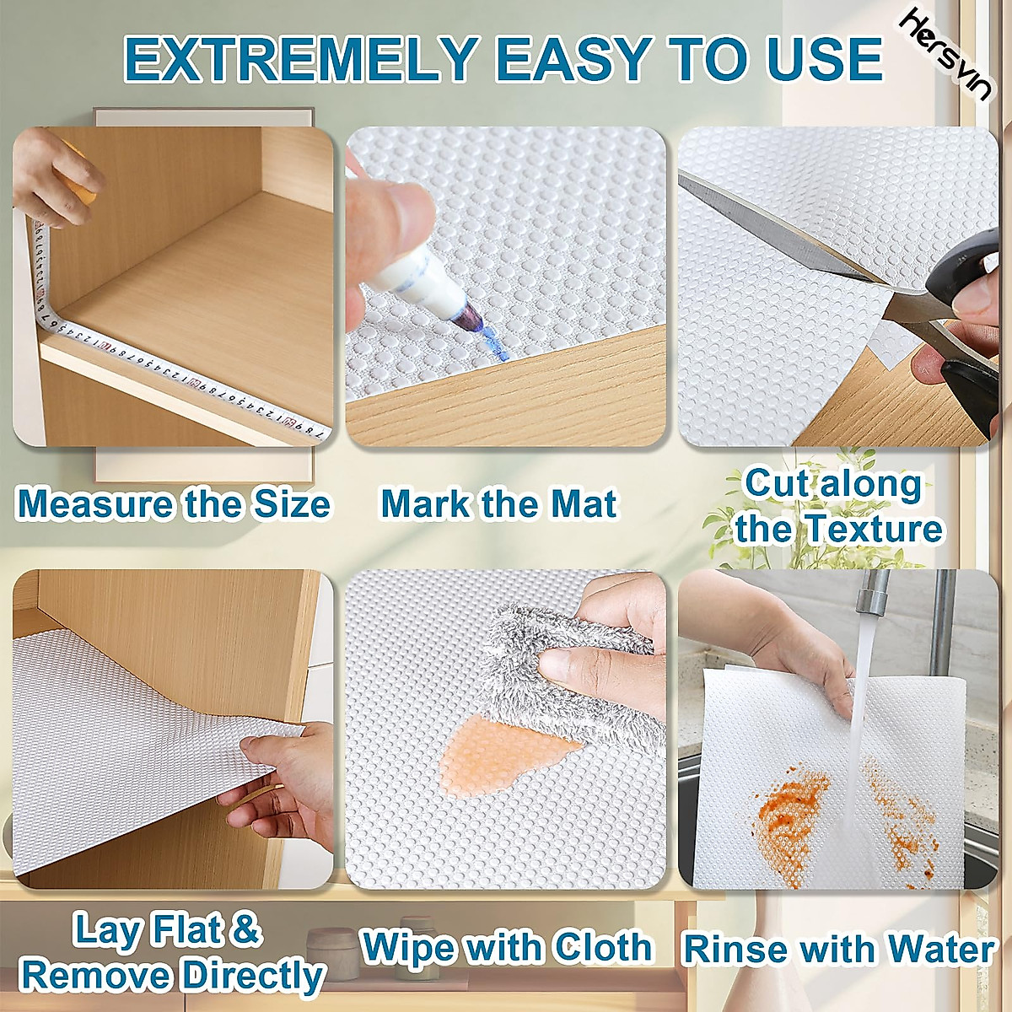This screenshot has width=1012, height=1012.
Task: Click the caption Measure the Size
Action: point(173,504)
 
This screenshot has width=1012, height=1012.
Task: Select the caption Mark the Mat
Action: point(498,504)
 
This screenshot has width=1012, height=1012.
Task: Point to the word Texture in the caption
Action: point(873,530)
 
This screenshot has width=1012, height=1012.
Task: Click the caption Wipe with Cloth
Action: point(506,947)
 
